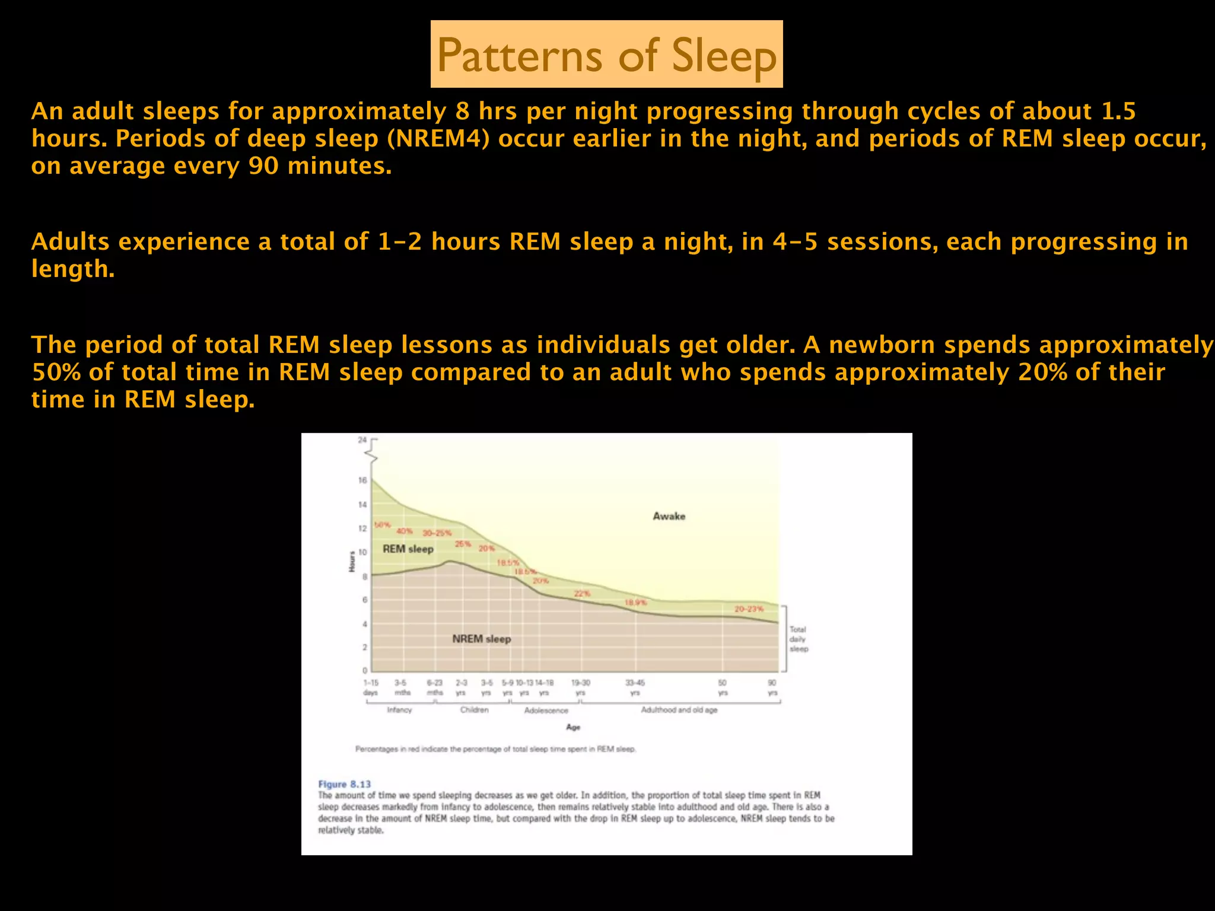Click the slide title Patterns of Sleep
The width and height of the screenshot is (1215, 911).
(x=606, y=55)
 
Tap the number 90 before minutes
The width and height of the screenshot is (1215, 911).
(x=263, y=166)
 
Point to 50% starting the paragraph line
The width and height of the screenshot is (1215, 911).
(x=56, y=372)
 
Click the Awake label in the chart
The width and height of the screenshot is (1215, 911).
(x=669, y=516)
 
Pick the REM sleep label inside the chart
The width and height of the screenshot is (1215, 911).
(x=408, y=549)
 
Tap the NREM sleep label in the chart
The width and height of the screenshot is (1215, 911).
(x=481, y=639)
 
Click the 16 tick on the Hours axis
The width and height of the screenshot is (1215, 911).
(x=362, y=480)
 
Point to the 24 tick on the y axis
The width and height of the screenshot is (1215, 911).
(x=362, y=440)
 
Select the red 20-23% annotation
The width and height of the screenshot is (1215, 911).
(x=749, y=609)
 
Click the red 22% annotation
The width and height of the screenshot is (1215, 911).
(x=581, y=594)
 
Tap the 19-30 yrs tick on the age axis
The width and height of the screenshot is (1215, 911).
(x=580, y=687)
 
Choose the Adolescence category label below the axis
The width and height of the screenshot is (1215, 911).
(x=546, y=711)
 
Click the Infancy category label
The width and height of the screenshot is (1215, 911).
(x=399, y=710)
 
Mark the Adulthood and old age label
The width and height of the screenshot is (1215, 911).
(x=679, y=710)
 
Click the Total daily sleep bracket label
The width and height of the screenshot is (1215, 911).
(x=798, y=639)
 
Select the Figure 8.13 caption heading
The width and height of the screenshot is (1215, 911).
(x=344, y=784)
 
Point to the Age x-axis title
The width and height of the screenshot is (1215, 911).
(x=573, y=727)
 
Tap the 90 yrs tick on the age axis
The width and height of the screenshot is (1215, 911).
(x=772, y=687)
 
